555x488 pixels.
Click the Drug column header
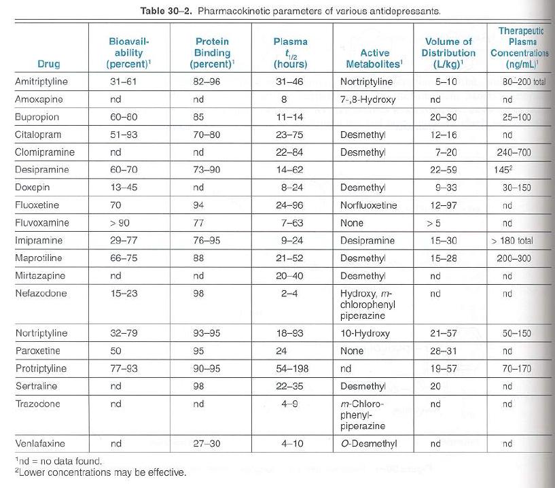pos(49,64)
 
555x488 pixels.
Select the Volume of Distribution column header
pos(448,53)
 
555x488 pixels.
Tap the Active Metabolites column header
pos(374,58)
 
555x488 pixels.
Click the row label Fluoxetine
pos(37,205)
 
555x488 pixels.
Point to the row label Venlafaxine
pos(40,443)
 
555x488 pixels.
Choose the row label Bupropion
pos(37,117)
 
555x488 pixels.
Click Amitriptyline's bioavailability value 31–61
pos(123,82)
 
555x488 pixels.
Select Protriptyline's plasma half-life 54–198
pos(292,368)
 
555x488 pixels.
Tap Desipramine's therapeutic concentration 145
pos(503,170)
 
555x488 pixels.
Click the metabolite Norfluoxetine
pos(368,205)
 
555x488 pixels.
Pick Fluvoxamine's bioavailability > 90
pos(120,223)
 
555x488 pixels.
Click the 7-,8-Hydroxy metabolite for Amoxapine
pos(368,99)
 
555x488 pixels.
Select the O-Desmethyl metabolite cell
pos(368,443)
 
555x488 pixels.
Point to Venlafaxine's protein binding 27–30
pos(207,443)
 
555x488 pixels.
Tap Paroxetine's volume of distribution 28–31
pos(444,351)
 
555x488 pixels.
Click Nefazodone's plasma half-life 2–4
pos(289,294)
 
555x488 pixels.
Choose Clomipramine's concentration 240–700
pos(514,152)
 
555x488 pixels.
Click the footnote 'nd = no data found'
pos(58,461)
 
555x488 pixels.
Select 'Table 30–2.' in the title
pos(166,11)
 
